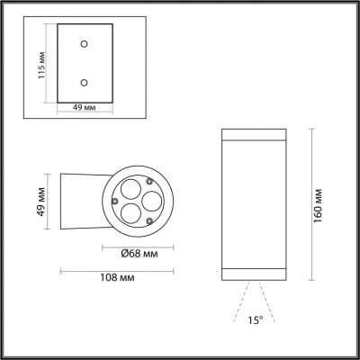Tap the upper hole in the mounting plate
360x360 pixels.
click(x=84, y=42)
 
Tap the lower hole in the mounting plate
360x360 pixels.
click(x=84, y=82)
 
